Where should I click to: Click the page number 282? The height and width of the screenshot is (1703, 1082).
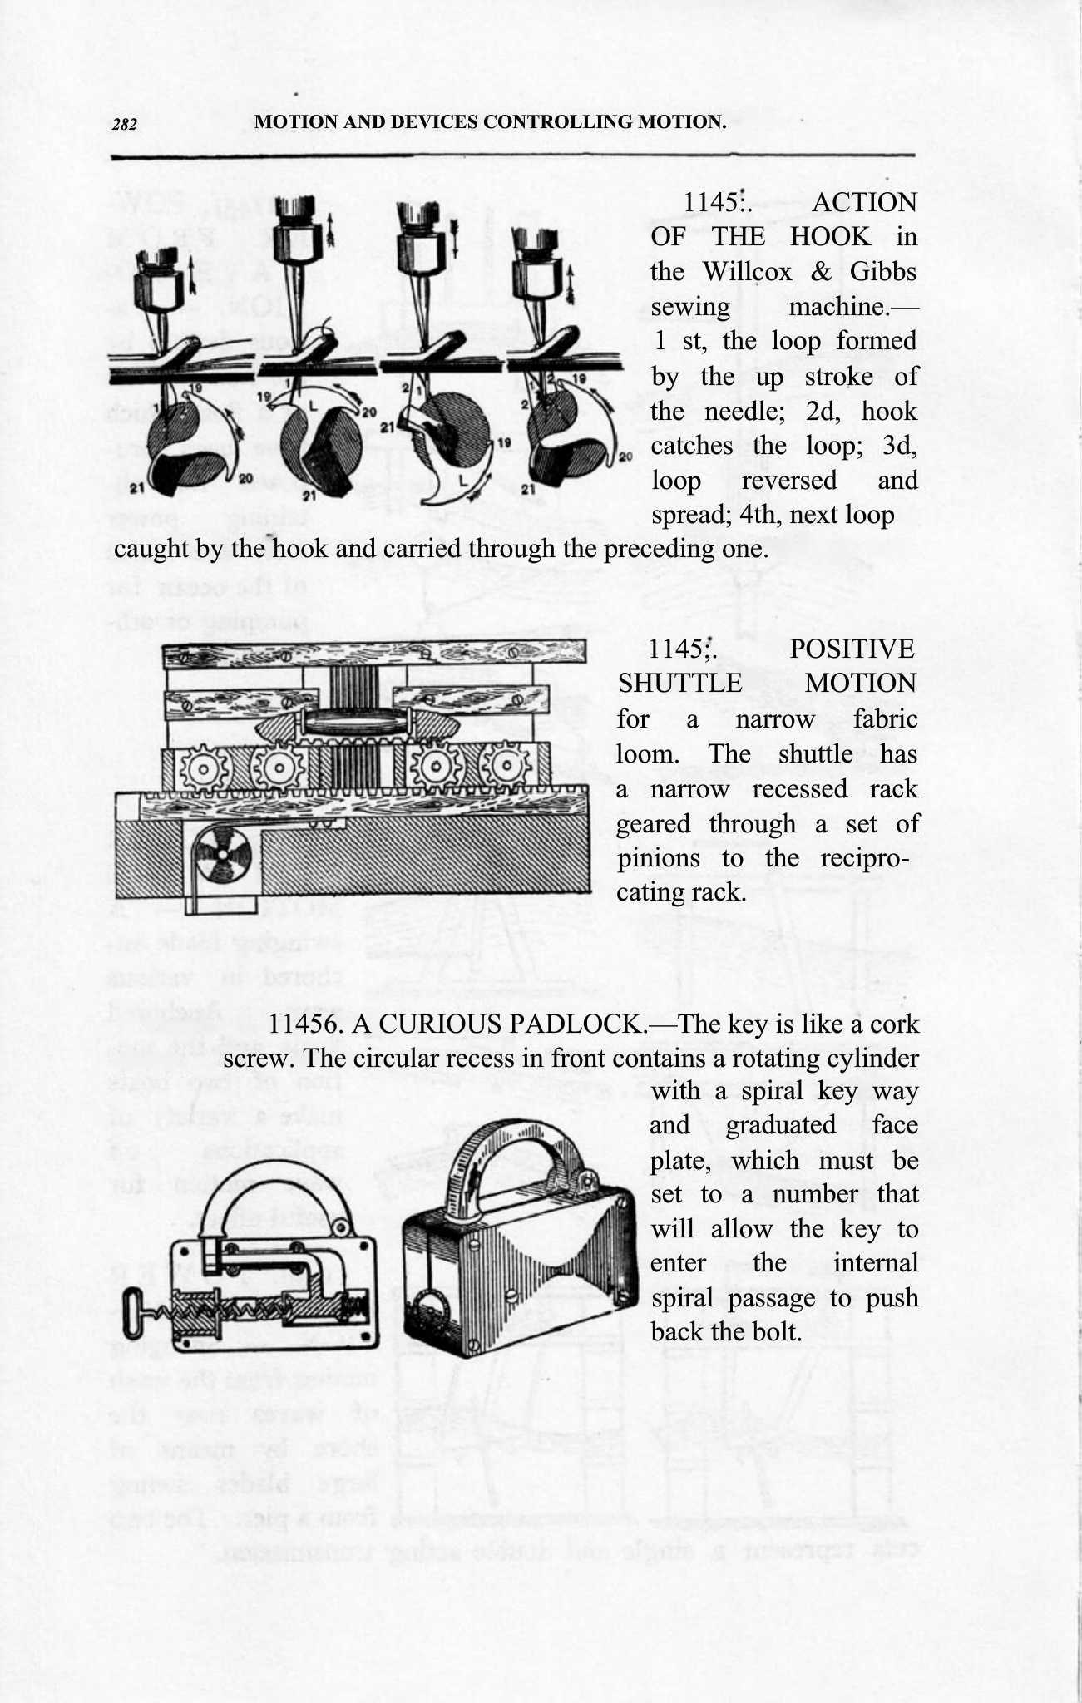tap(124, 125)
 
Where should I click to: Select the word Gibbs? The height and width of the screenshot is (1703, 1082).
tap(882, 272)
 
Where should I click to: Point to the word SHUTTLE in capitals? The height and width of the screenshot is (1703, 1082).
tap(679, 684)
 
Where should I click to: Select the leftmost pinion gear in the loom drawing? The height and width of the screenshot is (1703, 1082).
tap(200, 771)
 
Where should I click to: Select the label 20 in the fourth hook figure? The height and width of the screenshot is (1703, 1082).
tap(625, 457)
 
